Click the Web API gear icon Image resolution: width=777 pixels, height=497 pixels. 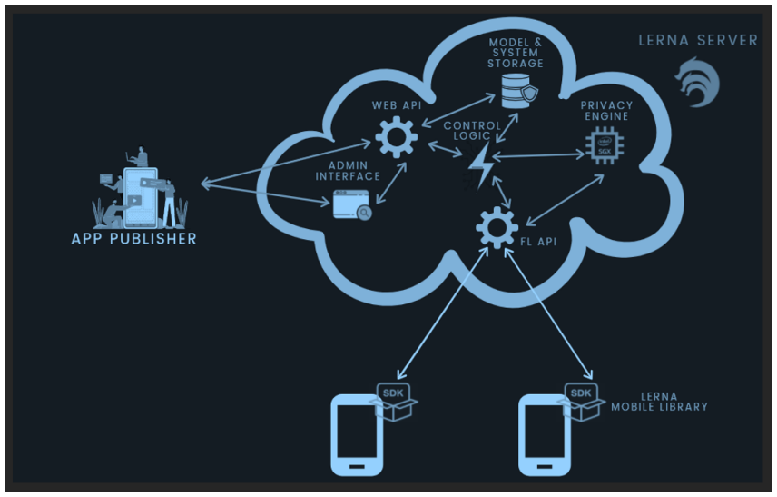(396, 137)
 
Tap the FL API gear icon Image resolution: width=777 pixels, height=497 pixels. (497, 228)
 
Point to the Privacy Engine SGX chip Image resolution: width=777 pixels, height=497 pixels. (605, 145)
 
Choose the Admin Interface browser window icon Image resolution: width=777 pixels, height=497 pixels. (352, 204)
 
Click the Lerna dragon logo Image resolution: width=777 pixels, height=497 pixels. (698, 83)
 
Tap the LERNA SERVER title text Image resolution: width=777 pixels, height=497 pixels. (698, 41)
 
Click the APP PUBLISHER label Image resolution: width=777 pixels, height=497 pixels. (133, 239)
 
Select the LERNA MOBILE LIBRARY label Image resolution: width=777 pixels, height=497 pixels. (659, 402)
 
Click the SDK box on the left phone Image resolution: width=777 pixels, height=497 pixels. (394, 402)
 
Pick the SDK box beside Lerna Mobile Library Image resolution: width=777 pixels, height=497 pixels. (581, 402)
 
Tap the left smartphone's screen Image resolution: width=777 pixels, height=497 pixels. (357, 431)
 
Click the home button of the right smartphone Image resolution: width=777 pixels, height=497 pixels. (544, 467)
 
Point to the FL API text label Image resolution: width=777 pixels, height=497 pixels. (538, 242)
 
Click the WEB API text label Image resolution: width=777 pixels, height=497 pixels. (397, 105)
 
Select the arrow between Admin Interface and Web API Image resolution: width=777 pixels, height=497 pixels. (391, 183)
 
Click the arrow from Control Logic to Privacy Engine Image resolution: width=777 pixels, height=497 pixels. (538, 155)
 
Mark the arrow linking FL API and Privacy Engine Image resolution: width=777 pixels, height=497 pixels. (565, 200)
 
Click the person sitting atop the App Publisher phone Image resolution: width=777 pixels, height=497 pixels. (139, 156)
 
